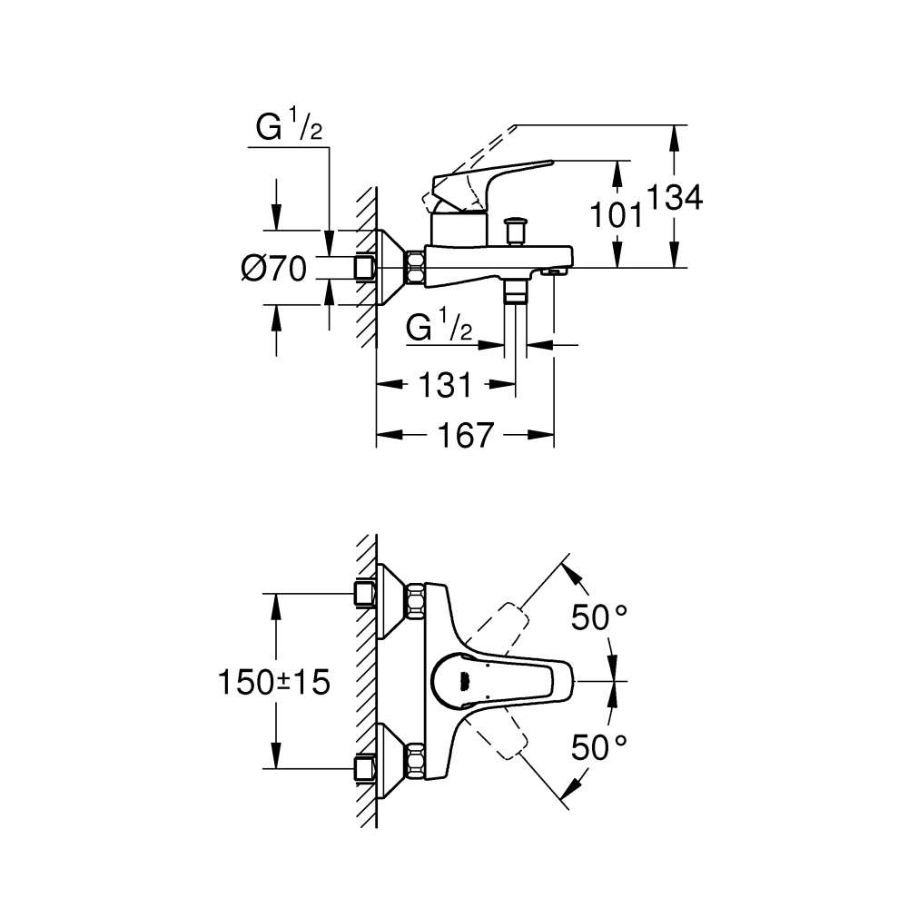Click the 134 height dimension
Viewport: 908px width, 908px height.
pyautogui.click(x=674, y=197)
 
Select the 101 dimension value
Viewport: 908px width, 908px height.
pyautogui.click(x=617, y=215)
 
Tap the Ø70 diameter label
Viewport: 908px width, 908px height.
pyautogui.click(x=273, y=269)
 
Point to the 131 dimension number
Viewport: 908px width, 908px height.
pyautogui.click(x=445, y=384)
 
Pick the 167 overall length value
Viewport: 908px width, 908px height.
pyautogui.click(x=466, y=436)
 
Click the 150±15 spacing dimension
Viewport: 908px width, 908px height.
pyautogui.click(x=274, y=682)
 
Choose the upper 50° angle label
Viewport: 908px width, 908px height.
pyautogui.click(x=598, y=617)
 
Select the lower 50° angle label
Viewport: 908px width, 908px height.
pyautogui.click(x=598, y=747)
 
